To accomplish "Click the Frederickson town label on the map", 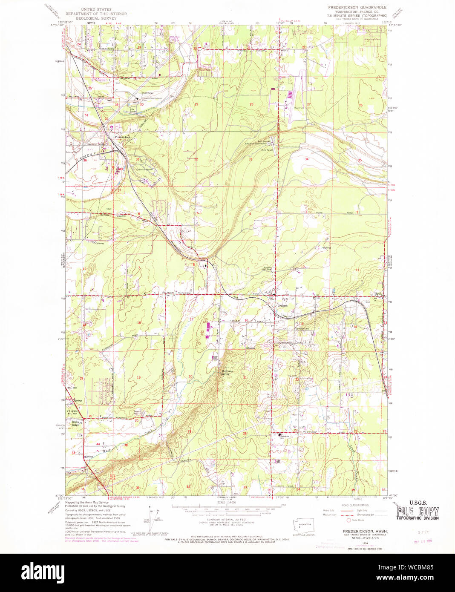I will click(122, 137).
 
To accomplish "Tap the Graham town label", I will click(282, 305).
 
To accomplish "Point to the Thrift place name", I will click(378, 294).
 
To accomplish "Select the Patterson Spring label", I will click(227, 373).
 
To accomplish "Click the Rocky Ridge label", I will click(75, 423).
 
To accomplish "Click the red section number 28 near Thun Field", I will click(251, 104).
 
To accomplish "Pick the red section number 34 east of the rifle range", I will click(306, 159).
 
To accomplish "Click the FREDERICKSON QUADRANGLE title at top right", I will click(357, 8).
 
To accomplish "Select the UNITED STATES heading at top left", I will click(96, 9).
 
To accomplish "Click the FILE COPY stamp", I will click(418, 512).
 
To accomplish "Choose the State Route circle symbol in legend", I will click(348, 520).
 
